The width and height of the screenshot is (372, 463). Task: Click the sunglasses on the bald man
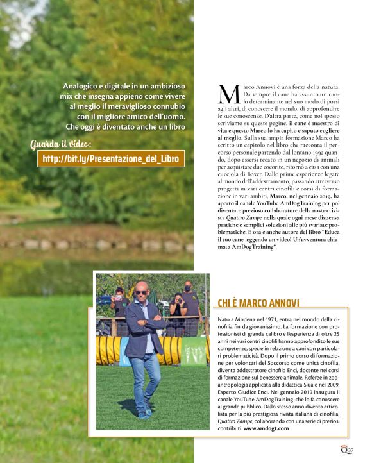coord(140,292)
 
